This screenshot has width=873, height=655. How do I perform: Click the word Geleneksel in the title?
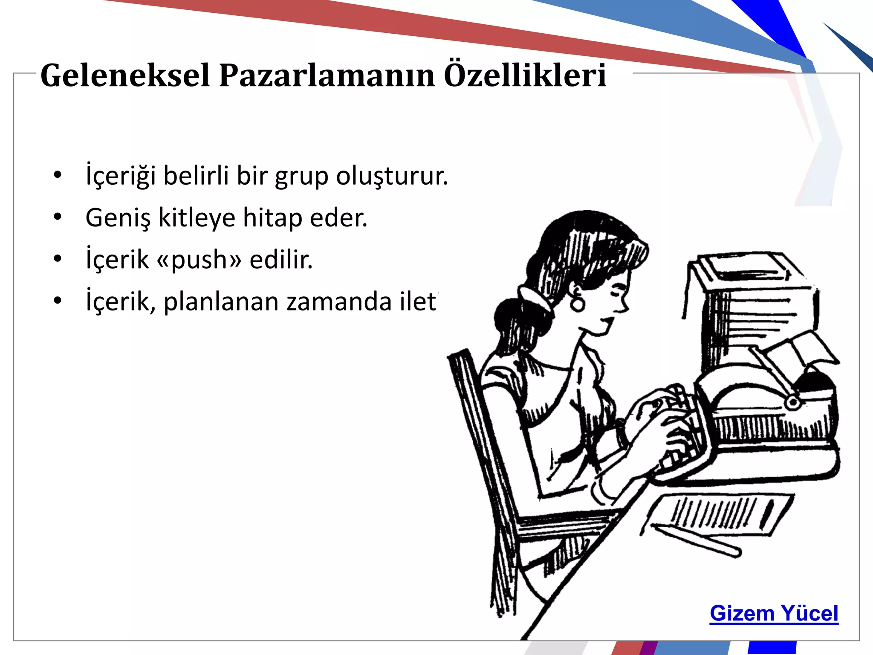(x=125, y=76)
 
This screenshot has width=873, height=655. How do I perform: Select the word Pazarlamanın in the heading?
(x=327, y=76)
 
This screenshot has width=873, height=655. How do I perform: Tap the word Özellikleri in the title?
(x=525, y=76)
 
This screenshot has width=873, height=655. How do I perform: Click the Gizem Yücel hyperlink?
(x=774, y=614)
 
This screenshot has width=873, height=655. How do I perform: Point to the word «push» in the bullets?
(x=199, y=260)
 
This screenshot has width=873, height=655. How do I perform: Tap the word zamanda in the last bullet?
(x=339, y=302)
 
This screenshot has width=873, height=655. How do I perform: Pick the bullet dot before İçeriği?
(x=58, y=175)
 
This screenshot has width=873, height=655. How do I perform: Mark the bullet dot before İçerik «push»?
(x=58, y=259)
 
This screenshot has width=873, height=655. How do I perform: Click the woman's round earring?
(x=578, y=304)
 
